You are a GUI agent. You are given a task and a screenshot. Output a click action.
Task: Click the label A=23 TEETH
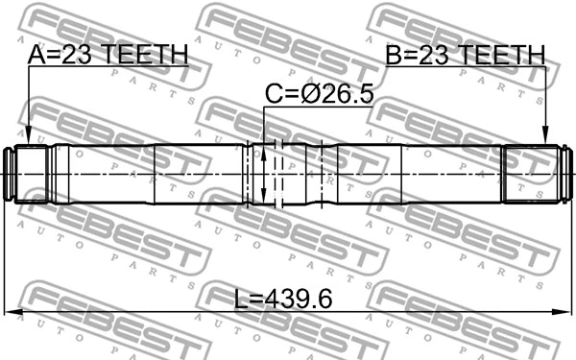pos(108,55)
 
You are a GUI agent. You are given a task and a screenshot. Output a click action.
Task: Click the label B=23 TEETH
pos(466,55)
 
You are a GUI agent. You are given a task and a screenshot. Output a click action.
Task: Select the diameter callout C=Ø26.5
pos(320,94)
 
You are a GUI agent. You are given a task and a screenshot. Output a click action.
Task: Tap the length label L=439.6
pos(283,299)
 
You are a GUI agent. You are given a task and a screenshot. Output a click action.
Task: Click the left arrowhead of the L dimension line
pos(12,312)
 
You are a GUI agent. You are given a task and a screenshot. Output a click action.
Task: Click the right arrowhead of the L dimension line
pos(563,312)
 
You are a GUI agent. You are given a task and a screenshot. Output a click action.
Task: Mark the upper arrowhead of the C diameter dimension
pos(263,152)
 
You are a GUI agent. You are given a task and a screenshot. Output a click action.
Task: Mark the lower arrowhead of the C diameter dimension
pos(263,196)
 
